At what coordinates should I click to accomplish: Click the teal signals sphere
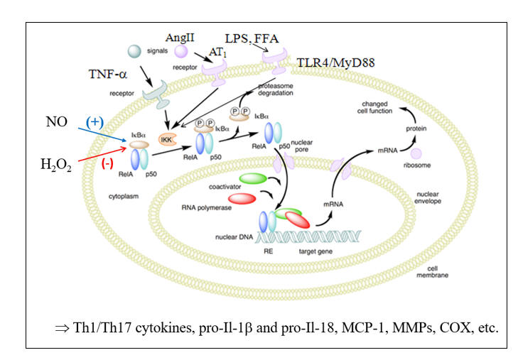click(x=134, y=51)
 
